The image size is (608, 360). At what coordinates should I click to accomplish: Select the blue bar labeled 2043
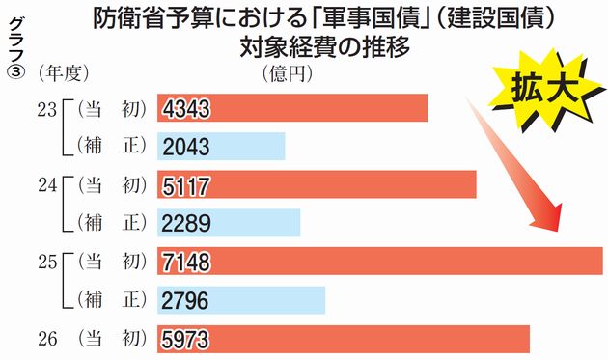click(x=222, y=146)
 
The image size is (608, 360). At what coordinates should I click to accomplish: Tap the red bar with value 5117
click(x=318, y=184)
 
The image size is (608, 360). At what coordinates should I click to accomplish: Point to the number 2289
click(x=187, y=223)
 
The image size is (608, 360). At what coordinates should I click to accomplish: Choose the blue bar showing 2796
click(x=241, y=300)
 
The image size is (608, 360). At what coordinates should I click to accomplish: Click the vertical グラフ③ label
click(x=14, y=48)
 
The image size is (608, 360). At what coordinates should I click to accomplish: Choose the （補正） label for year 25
click(x=107, y=300)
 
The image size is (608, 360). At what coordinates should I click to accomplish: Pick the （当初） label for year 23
click(x=107, y=107)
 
